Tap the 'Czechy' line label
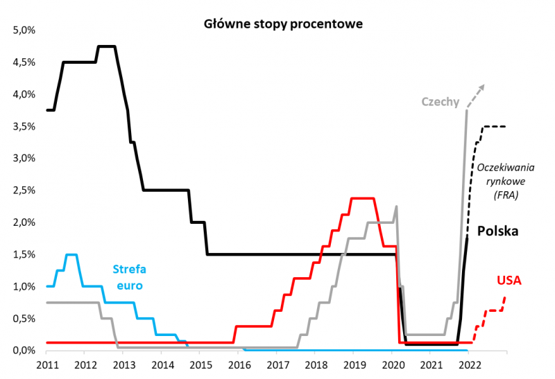441,102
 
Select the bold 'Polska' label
499,231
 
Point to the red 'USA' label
509,281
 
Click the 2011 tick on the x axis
46,365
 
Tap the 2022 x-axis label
468,365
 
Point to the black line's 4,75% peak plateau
106,46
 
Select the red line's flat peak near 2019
362,199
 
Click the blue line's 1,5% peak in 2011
71,255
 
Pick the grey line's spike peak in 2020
396,206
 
